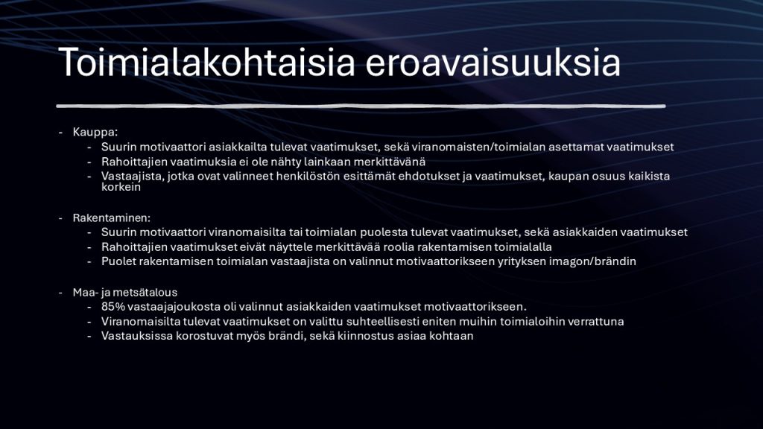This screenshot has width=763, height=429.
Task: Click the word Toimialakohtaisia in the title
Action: click(x=207, y=63)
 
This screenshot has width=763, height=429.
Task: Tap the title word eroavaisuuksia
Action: click(x=493, y=63)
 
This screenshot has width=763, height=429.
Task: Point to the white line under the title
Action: click(x=361, y=106)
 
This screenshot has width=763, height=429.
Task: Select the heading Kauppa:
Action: click(x=95, y=132)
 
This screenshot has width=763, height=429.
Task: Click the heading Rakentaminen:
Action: click(x=112, y=217)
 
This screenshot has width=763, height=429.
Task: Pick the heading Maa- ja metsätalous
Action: click(x=125, y=292)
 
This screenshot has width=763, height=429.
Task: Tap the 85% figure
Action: click(x=113, y=306)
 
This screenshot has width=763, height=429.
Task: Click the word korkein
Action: click(x=121, y=187)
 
